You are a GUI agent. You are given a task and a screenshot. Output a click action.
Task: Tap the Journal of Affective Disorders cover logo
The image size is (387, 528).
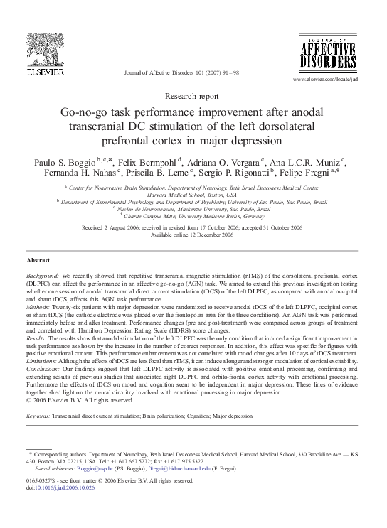tap(340, 52)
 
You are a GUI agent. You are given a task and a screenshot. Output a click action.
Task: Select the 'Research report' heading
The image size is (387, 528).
tap(193, 95)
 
